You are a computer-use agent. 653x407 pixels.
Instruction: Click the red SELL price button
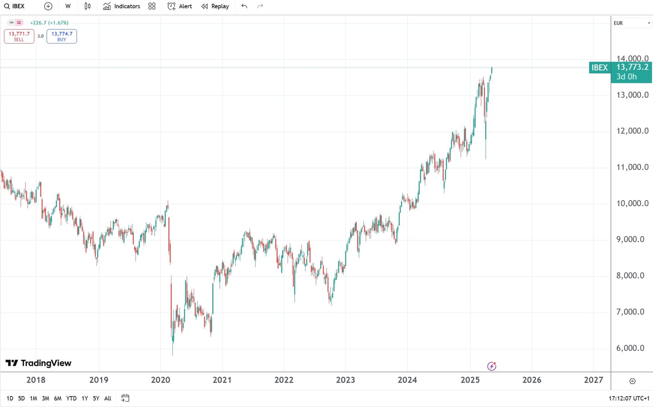click(x=19, y=36)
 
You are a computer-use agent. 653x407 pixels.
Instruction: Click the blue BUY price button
click(x=62, y=36)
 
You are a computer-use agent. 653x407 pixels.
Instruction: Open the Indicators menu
click(x=122, y=6)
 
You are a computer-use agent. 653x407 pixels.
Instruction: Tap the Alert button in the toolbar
click(x=180, y=6)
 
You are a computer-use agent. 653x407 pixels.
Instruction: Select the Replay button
click(x=215, y=6)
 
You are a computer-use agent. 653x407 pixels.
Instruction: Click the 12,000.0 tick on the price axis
click(x=632, y=131)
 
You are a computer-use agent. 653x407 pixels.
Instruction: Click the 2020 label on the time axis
click(x=161, y=380)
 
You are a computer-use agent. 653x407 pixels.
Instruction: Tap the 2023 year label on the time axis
click(x=346, y=380)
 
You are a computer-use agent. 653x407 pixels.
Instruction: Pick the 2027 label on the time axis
click(x=594, y=380)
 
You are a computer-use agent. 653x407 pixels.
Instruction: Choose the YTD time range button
click(x=71, y=398)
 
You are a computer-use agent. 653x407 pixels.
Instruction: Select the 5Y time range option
click(x=96, y=398)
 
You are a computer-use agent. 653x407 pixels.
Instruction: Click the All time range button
click(x=107, y=398)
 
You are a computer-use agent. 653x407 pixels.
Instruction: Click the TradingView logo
click(x=39, y=363)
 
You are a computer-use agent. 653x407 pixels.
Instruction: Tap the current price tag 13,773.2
click(x=632, y=68)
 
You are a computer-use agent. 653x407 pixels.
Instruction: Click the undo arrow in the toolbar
click(x=244, y=6)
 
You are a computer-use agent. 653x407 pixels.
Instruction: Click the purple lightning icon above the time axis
click(x=492, y=366)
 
